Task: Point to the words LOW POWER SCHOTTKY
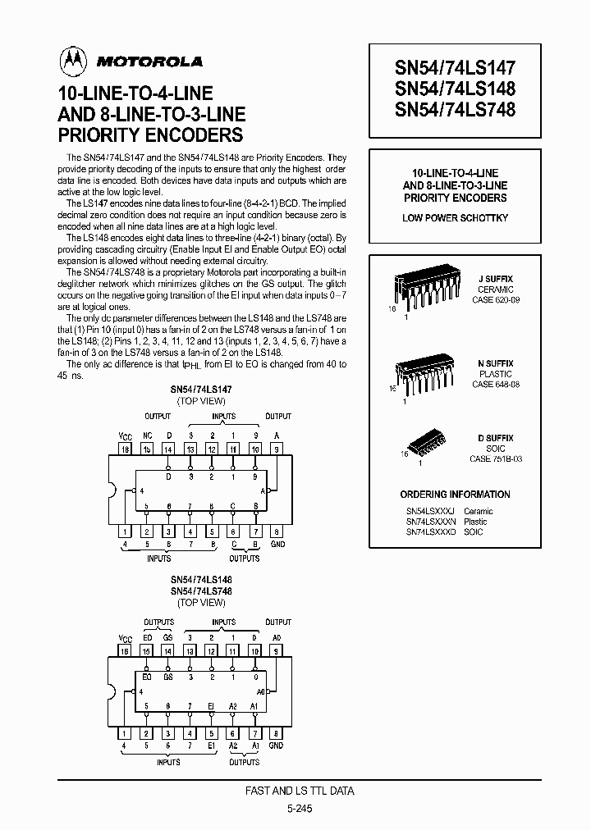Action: (x=455, y=218)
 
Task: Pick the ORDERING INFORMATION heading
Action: (x=455, y=495)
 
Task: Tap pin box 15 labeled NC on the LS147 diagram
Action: (x=146, y=449)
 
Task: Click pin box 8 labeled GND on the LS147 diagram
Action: (x=276, y=531)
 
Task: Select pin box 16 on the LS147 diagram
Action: (x=125, y=449)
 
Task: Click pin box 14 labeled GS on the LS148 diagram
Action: (x=167, y=651)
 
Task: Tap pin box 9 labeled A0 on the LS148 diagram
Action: (x=276, y=651)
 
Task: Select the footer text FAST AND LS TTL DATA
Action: (x=300, y=791)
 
